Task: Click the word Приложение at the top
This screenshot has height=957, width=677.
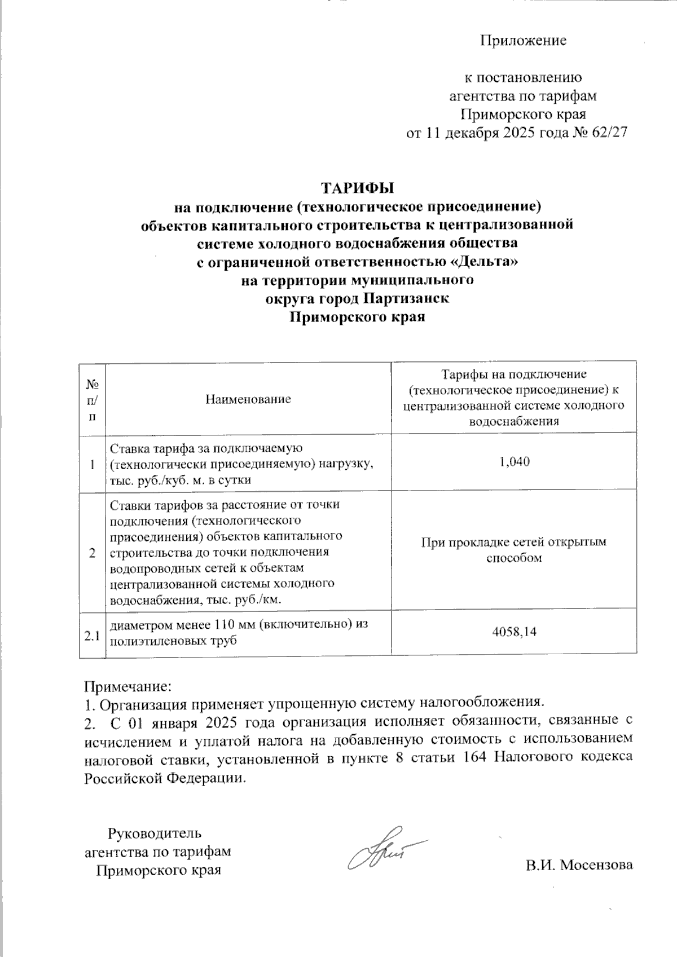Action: click(x=523, y=41)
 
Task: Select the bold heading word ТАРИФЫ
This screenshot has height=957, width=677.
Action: click(x=357, y=187)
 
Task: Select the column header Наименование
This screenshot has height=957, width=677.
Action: click(x=248, y=399)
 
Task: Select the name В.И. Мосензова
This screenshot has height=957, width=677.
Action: click(x=579, y=865)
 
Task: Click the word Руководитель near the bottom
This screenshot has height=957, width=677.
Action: click(x=154, y=833)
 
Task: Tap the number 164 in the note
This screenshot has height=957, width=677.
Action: click(x=474, y=757)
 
